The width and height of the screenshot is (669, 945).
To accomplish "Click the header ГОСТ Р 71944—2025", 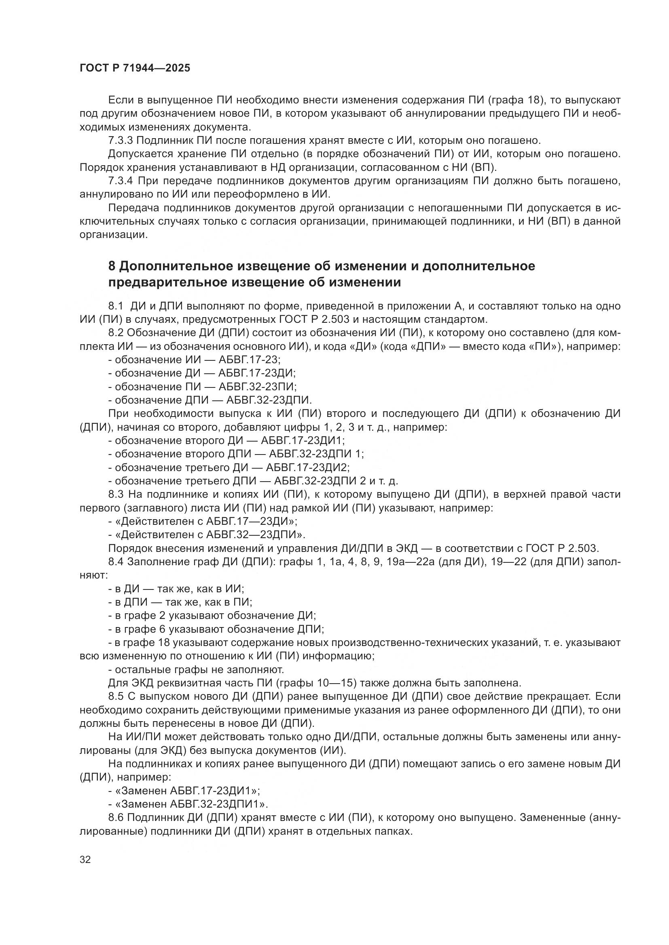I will (x=135, y=68).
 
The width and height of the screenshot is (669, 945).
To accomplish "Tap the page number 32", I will (x=85, y=860).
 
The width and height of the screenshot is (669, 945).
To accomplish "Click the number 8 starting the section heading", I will (x=112, y=266).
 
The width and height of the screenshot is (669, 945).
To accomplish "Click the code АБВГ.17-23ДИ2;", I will (x=308, y=467).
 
